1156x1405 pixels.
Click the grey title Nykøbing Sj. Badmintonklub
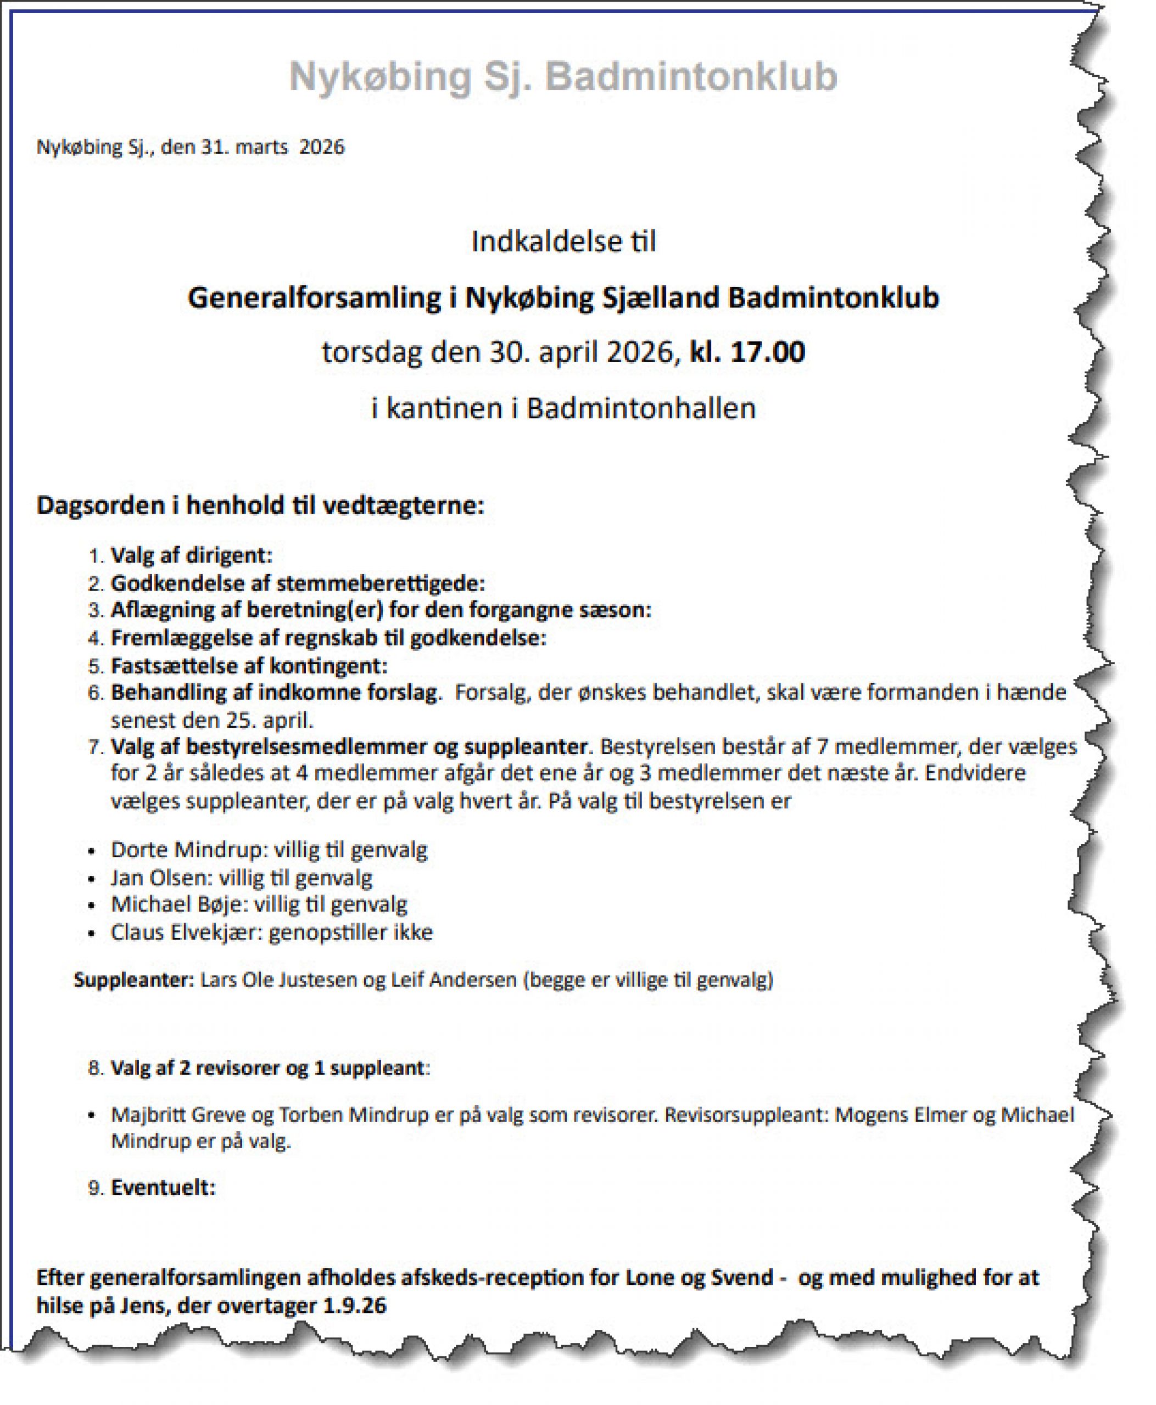pyautogui.click(x=563, y=76)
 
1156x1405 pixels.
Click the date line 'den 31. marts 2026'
pyautogui.click(x=253, y=147)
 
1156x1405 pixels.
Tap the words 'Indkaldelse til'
pyautogui.click(x=563, y=241)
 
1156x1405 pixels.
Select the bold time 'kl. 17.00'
pyautogui.click(x=747, y=351)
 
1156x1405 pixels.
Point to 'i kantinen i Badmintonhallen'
pyautogui.click(x=563, y=408)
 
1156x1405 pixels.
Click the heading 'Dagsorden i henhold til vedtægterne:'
pyautogui.click(x=260, y=505)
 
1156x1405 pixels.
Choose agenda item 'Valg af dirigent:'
pyautogui.click(x=192, y=555)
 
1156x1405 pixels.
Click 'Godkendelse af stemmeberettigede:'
pyautogui.click(x=298, y=584)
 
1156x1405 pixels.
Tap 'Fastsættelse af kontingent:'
pyautogui.click(x=249, y=666)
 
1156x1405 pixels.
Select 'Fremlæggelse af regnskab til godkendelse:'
pyautogui.click(x=328, y=638)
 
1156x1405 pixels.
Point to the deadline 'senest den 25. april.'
pyautogui.click(x=212, y=720)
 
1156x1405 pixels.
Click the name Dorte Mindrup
pyautogui.click(x=188, y=850)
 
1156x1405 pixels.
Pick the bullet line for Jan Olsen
pyautogui.click(x=241, y=878)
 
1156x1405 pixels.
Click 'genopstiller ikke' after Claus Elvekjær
pyautogui.click(x=351, y=932)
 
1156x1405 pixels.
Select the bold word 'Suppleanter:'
pyautogui.click(x=134, y=980)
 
